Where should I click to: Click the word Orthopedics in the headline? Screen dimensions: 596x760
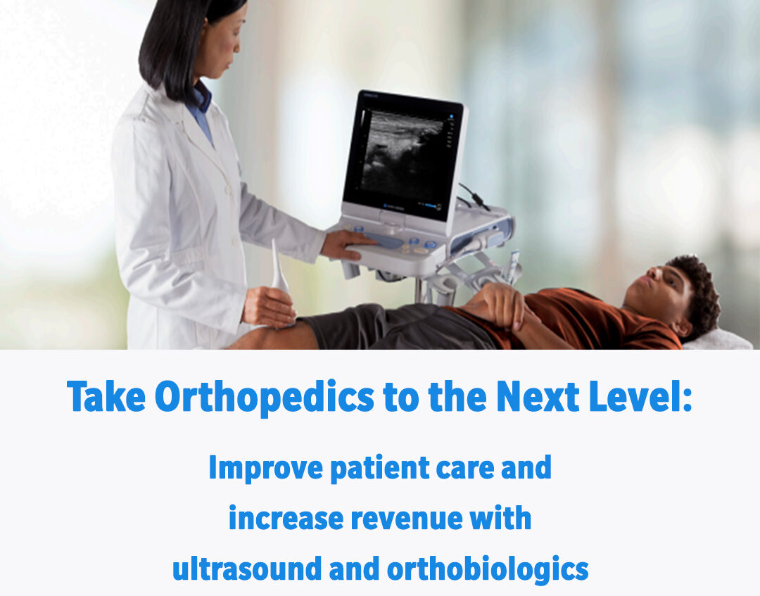click(x=265, y=398)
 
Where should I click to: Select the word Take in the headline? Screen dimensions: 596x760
click(x=106, y=398)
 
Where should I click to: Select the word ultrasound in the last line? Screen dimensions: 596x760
click(x=244, y=569)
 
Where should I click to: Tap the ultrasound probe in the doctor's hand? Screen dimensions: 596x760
click(x=279, y=271)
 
